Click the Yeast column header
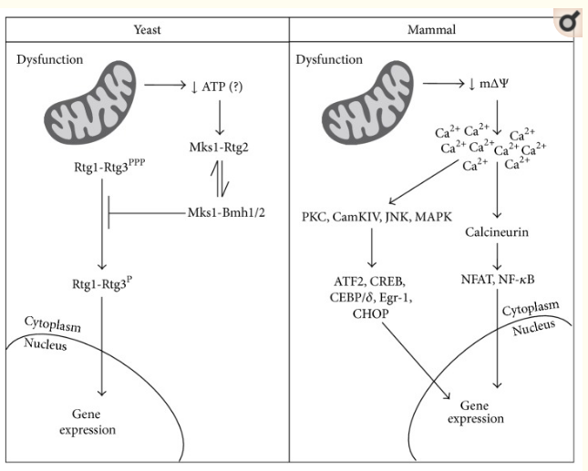click(x=146, y=29)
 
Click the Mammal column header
click(x=431, y=29)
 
